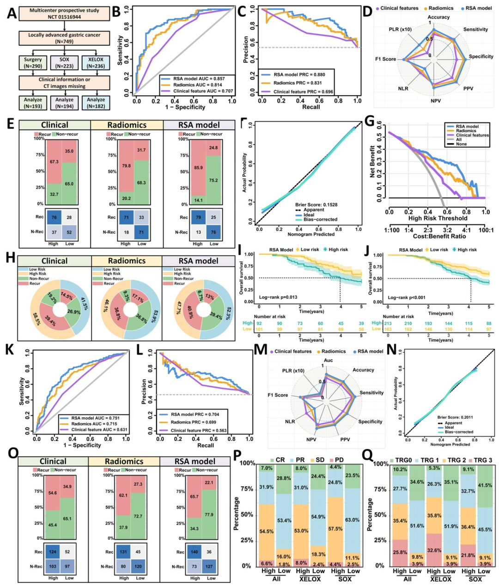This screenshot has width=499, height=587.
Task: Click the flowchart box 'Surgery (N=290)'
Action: pos(33,63)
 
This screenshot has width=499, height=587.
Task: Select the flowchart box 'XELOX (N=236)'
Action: pos(96,63)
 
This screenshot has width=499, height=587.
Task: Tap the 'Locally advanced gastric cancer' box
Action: pos(64,38)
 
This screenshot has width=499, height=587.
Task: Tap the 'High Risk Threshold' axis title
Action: pos(438,218)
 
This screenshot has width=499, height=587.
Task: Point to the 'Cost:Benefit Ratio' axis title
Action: pos(438,236)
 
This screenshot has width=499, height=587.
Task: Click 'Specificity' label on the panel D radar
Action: pos(481,57)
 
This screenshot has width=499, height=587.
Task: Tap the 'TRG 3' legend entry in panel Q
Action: pos(477,460)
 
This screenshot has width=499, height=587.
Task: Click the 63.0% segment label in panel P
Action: pos(352,520)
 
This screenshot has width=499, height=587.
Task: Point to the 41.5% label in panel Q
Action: pos(485,485)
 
